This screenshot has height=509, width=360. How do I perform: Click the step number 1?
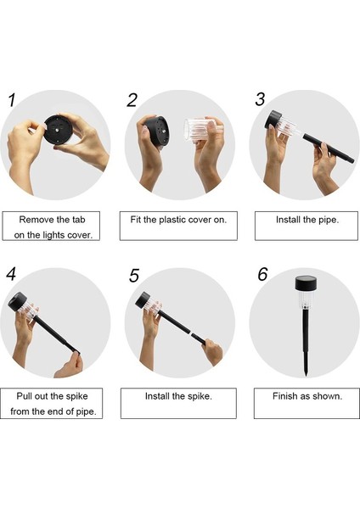(x=12, y=100)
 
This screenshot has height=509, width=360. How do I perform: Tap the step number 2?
(x=132, y=100)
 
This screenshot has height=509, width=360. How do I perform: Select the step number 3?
(x=260, y=99)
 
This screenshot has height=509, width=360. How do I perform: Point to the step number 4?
(x=11, y=274)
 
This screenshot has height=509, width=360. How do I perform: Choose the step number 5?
(x=133, y=276)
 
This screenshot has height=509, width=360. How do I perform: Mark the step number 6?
(x=262, y=274)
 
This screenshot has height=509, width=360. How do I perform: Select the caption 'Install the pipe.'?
(x=307, y=220)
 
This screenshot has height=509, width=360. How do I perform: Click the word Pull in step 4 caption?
(x=24, y=396)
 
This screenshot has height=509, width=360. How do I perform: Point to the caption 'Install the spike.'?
(x=178, y=396)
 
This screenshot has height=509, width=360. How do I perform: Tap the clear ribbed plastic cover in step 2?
(x=199, y=131)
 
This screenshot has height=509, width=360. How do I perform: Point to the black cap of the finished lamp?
(x=306, y=283)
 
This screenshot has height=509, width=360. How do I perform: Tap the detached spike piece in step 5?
(x=199, y=338)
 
